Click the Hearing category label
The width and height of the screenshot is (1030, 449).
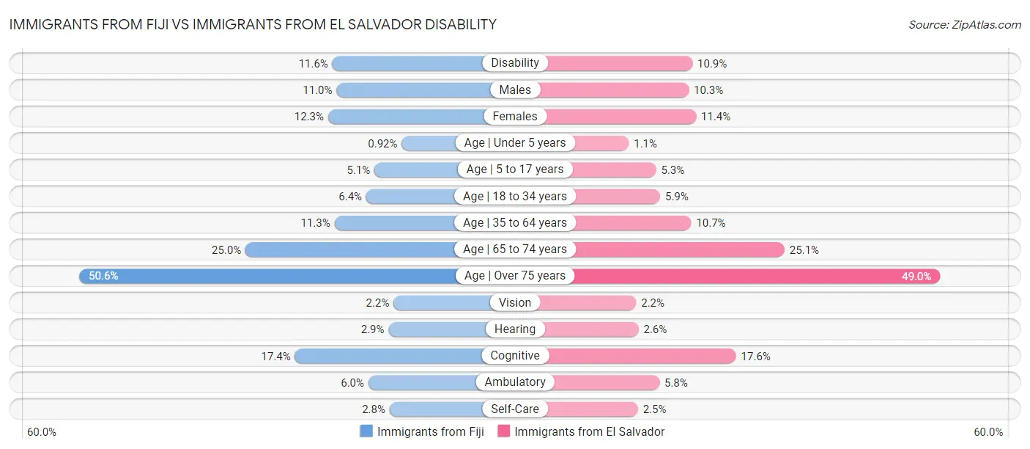[x=515, y=329]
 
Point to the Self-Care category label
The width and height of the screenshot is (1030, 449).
[x=515, y=409]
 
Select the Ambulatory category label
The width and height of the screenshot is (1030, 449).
[x=515, y=382]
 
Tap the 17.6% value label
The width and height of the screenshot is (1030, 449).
[x=755, y=356]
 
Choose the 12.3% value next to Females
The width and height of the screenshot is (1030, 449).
[x=309, y=117]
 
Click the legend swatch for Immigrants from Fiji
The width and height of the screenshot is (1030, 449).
[x=366, y=431]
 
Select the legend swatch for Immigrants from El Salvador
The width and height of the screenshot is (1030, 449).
[x=504, y=431]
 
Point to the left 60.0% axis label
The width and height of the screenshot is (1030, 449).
[x=42, y=432]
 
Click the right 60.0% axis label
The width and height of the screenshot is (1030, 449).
[x=988, y=432]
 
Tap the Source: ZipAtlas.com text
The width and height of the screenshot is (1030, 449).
[x=965, y=25]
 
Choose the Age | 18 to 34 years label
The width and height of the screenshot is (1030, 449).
[x=515, y=196]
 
